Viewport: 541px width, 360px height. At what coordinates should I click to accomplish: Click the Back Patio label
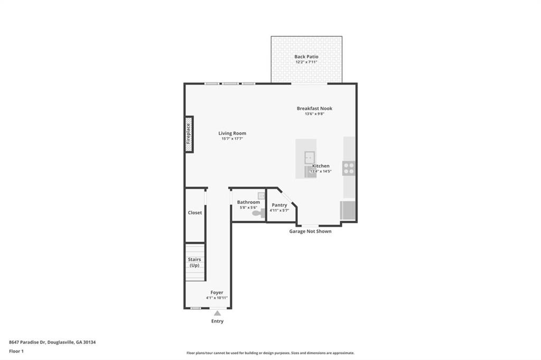[x=306, y=56]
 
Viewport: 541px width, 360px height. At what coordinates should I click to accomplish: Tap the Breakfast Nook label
[x=314, y=108]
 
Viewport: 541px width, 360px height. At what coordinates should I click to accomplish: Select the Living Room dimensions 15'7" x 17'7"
[x=232, y=139]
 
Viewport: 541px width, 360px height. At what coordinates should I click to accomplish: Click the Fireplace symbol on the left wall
[x=189, y=134]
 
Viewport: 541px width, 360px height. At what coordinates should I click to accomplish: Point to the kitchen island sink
[x=309, y=157]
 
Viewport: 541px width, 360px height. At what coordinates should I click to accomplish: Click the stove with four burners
[x=349, y=168]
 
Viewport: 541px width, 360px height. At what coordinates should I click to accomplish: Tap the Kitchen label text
[x=321, y=166]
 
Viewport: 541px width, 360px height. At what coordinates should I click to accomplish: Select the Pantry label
[x=279, y=205]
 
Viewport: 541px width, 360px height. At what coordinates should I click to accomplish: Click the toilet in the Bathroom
[x=257, y=213]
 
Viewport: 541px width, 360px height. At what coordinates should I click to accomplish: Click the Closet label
[x=195, y=213]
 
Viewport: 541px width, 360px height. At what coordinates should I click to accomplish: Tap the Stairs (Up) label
[x=195, y=262]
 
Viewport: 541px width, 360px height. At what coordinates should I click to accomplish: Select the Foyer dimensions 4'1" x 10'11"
[x=217, y=298]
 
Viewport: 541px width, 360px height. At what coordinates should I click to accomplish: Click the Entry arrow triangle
[x=217, y=313]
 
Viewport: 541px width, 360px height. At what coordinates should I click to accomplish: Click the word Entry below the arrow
[x=217, y=321]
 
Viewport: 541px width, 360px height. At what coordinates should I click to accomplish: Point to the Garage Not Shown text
[x=310, y=231]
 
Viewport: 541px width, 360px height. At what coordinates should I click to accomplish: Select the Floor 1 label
[x=16, y=351]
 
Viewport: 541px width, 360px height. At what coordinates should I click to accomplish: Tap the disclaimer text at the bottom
[x=270, y=353]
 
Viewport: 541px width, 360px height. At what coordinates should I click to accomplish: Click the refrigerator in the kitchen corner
[x=349, y=211]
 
